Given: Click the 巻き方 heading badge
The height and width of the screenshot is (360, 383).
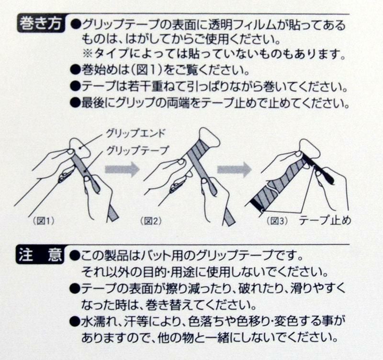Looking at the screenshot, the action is click(x=41, y=24).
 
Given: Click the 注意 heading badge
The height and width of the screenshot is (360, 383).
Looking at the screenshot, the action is click(x=41, y=255).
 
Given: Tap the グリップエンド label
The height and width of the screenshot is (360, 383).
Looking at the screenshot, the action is click(x=135, y=134).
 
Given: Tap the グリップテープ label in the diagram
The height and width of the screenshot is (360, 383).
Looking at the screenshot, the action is click(x=137, y=150).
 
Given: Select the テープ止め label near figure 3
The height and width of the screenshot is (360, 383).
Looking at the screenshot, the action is click(x=325, y=220).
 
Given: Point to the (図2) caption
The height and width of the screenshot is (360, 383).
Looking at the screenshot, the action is click(x=151, y=221).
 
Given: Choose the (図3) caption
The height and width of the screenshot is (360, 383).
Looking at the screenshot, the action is click(x=277, y=221).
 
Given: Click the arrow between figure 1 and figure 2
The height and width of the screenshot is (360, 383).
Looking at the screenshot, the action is click(x=122, y=169).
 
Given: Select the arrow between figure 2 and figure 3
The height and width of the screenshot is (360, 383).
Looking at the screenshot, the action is click(x=234, y=169).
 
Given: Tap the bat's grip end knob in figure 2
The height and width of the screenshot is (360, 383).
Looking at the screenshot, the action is click(x=209, y=137).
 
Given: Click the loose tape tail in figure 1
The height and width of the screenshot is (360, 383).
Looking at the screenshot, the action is click(x=113, y=212).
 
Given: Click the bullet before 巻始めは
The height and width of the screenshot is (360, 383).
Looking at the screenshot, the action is click(x=75, y=70).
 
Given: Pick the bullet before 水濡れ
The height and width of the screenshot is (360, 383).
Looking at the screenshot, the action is click(x=75, y=322).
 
